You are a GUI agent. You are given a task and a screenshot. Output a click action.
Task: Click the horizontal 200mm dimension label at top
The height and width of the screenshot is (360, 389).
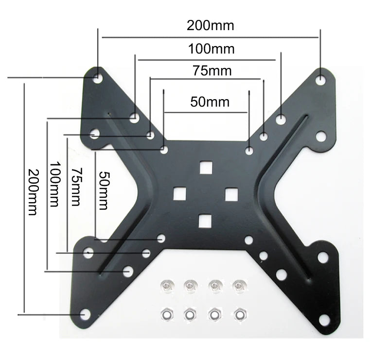pos(210,25)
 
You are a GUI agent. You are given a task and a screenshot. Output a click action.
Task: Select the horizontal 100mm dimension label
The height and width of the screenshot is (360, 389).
pos(211,49)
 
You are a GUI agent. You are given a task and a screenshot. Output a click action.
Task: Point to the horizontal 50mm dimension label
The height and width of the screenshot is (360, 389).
pos(210,102)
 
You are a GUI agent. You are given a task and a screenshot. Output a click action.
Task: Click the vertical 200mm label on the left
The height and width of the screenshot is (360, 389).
pos(33,192)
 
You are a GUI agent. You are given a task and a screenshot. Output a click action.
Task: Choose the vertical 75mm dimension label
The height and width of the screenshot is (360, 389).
pos(75,187)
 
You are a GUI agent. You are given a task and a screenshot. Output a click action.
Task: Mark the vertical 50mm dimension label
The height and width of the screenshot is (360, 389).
pos(103,190)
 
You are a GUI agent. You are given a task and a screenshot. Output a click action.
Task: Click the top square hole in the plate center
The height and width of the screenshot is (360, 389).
pos(206,167)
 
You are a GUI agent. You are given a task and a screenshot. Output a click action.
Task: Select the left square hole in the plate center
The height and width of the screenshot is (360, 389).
pos(180,193)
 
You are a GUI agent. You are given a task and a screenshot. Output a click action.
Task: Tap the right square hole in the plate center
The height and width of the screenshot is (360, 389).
pos(231,193)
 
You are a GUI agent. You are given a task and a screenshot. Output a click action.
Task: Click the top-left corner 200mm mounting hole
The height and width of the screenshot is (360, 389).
pos(98,77)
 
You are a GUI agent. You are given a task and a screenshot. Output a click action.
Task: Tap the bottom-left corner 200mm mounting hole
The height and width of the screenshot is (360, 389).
pos(85,315)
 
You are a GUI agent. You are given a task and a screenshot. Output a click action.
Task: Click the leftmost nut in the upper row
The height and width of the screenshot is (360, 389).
pos(166,287)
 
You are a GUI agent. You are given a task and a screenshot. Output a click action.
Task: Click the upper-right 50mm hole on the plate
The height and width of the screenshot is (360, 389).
pos(249,151)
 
